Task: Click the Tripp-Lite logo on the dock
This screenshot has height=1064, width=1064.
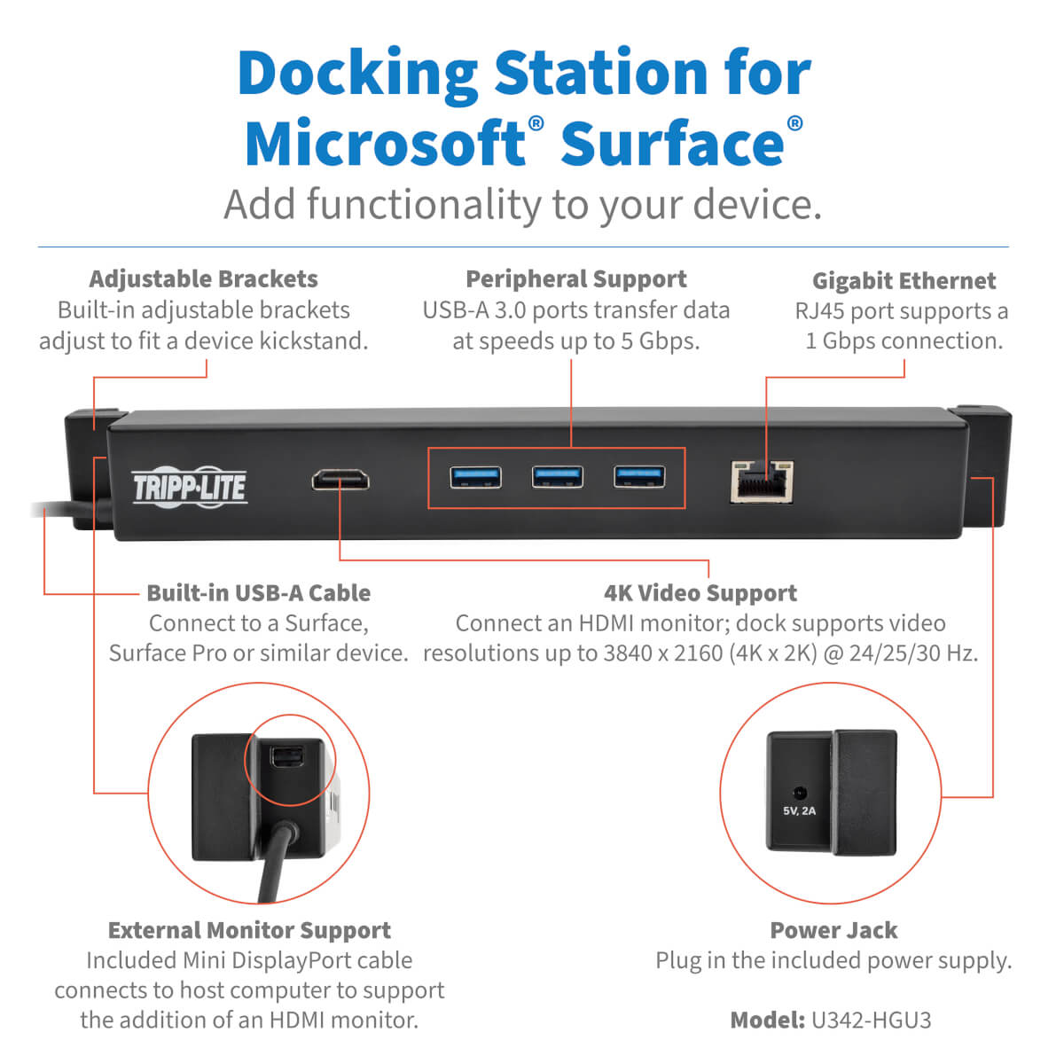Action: click(189, 487)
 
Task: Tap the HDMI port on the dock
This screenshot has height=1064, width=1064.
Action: click(340, 481)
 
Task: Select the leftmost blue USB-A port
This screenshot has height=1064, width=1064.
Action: click(475, 477)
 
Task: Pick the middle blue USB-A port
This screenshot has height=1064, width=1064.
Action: click(557, 477)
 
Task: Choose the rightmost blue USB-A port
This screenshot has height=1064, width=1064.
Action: click(639, 476)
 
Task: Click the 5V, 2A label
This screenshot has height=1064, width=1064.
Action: click(799, 811)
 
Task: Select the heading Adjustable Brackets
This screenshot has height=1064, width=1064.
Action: click(203, 279)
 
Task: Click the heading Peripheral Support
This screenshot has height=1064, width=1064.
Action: click(575, 279)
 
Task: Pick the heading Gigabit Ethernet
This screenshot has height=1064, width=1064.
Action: click(904, 281)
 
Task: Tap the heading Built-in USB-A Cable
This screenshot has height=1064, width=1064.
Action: click(258, 593)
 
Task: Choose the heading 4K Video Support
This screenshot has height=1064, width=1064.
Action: click(700, 593)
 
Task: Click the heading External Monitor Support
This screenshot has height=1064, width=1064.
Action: click(249, 930)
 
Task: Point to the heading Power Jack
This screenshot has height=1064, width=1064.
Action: click(833, 930)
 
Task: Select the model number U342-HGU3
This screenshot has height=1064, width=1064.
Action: click(871, 1021)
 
